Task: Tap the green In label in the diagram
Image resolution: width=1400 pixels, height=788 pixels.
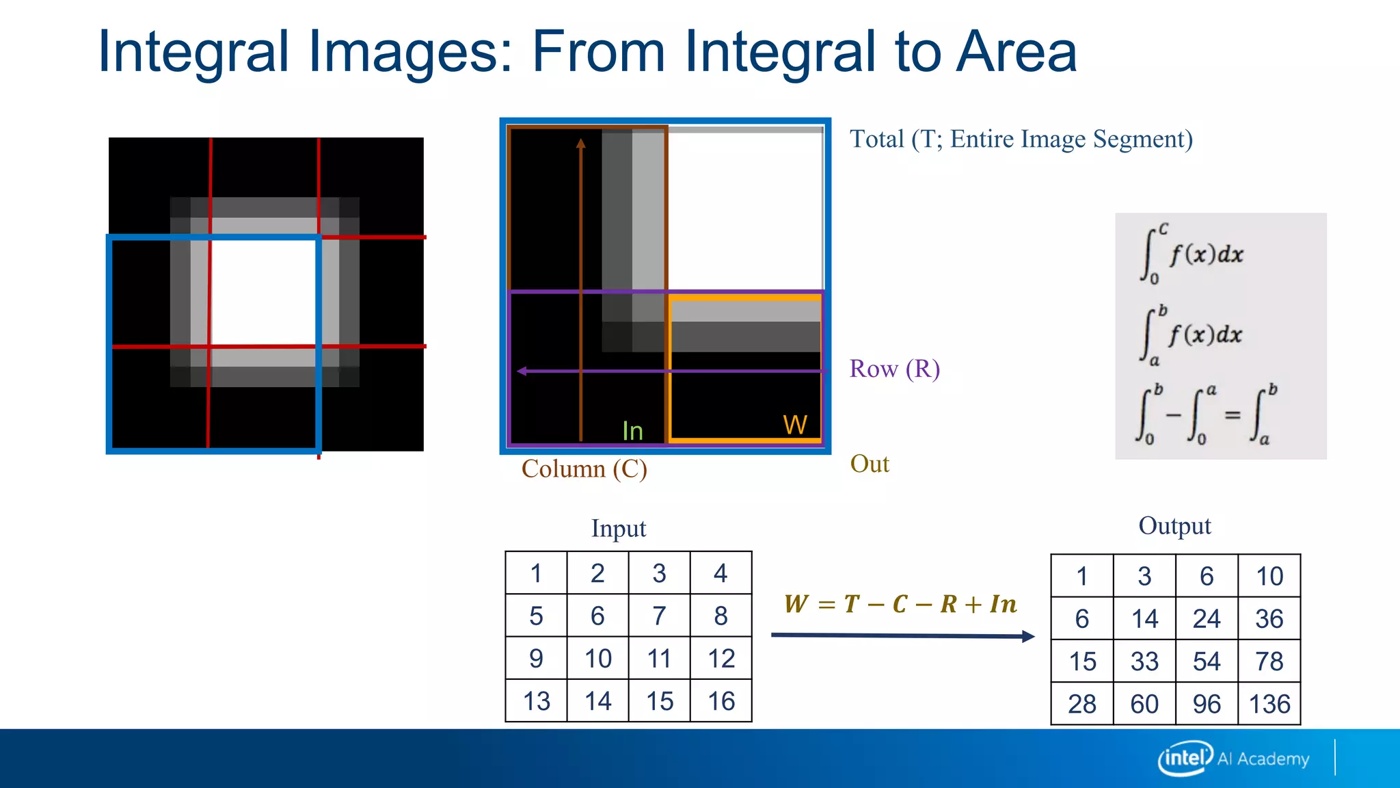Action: [x=632, y=431]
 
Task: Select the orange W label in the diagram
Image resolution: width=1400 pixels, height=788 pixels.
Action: [x=795, y=425]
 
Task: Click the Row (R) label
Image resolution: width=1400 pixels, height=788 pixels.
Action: [x=894, y=369]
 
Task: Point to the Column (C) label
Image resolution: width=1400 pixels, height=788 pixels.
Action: [x=584, y=469]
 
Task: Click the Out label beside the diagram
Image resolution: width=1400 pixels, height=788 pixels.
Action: [x=870, y=464]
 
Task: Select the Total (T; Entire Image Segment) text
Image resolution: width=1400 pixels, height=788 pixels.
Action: [x=1021, y=139]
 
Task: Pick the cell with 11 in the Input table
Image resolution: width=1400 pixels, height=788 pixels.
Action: [x=659, y=659]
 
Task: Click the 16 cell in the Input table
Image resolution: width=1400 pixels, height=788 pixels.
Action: [x=721, y=701]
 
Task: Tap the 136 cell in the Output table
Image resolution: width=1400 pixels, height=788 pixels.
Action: [x=1269, y=704]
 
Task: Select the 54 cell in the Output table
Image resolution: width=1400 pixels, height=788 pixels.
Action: [x=1207, y=661]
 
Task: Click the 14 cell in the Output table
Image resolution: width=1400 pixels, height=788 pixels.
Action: [x=1144, y=619]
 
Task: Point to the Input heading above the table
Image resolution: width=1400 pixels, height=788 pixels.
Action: [x=618, y=529]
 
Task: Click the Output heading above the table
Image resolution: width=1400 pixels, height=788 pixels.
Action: [x=1174, y=526]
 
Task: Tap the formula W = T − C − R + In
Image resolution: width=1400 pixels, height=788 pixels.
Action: [x=900, y=604]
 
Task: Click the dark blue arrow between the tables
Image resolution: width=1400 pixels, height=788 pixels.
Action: [x=902, y=635]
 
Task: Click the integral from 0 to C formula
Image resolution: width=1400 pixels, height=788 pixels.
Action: [x=1193, y=254]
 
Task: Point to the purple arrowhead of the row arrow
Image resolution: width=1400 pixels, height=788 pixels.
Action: [x=522, y=371]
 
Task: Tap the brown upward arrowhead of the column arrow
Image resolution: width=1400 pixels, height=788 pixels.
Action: [x=580, y=143]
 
